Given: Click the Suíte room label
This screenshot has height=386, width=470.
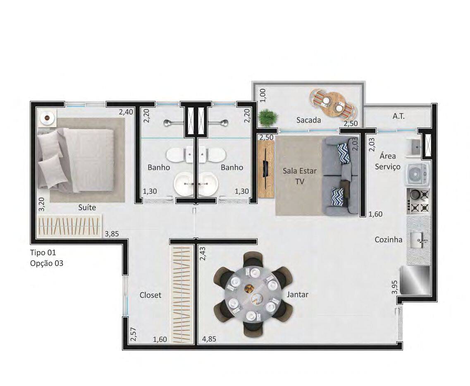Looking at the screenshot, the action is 87,207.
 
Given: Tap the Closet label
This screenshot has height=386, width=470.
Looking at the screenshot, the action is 150,295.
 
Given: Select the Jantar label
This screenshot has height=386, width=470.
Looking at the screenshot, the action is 298,295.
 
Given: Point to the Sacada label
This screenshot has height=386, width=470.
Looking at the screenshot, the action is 308,120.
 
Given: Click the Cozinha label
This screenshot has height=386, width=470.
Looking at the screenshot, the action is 389,240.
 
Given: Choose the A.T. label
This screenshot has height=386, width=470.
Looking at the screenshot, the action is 398,116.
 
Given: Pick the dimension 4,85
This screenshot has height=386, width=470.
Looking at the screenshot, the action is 209,339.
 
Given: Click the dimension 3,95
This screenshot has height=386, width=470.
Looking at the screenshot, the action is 394,287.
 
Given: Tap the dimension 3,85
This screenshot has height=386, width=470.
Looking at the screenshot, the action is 112,234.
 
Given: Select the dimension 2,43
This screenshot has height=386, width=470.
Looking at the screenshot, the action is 203,253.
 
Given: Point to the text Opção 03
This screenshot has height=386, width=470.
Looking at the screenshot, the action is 47,263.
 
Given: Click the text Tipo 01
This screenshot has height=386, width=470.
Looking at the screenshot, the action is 43,252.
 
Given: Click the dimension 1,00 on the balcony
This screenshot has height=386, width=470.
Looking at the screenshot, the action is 263,96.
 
